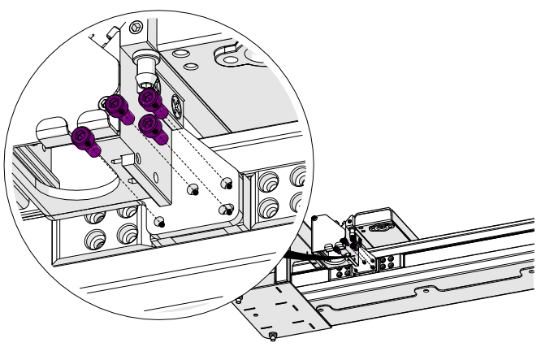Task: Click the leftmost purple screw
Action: (84, 139)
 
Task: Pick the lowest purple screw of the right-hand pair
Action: (151, 127)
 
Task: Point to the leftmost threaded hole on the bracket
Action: (160, 220)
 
